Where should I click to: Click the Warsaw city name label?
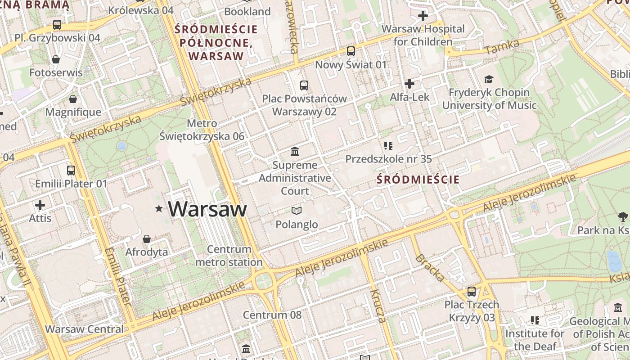click(x=207, y=209)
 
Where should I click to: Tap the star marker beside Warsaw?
click(x=158, y=208)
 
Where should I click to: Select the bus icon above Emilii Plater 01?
click(x=71, y=171)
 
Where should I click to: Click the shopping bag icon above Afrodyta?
click(x=146, y=239)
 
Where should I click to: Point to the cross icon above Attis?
click(x=40, y=206)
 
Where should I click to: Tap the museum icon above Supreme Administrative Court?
click(x=295, y=151)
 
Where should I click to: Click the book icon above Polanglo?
click(x=296, y=211)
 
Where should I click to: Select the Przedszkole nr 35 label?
click(x=388, y=159)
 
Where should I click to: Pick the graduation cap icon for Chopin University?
click(x=489, y=80)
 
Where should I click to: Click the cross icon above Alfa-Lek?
click(x=409, y=84)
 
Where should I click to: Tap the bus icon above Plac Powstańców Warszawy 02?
click(x=304, y=85)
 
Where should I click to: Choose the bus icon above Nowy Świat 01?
click(x=351, y=51)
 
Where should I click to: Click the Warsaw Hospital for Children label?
click(x=423, y=36)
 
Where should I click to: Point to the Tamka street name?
click(x=503, y=47)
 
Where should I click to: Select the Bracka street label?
click(x=429, y=268)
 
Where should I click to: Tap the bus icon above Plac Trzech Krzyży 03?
click(x=472, y=292)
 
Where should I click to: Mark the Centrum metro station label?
click(x=229, y=256)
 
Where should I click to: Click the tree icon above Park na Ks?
click(x=623, y=217)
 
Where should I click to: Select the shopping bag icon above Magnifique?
click(x=73, y=99)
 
